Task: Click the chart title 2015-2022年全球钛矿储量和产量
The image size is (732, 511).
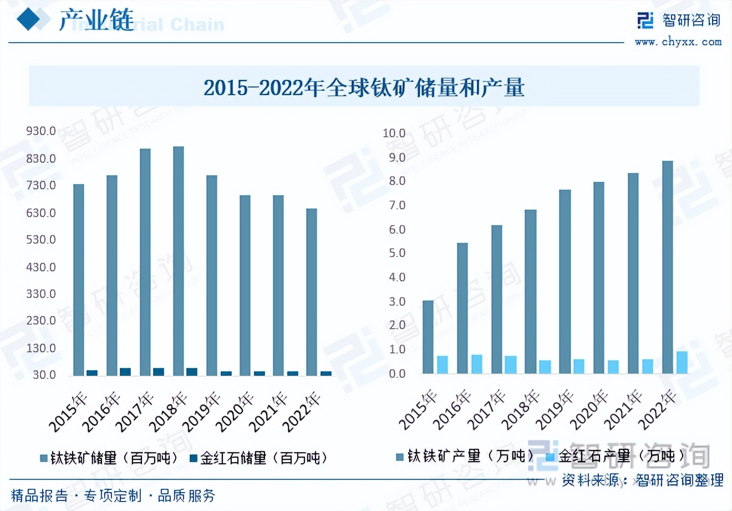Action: point(364,88)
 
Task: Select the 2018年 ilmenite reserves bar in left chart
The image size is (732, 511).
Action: point(179,260)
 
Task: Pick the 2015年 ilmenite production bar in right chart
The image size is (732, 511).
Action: point(428,337)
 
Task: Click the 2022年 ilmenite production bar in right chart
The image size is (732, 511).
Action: point(668,267)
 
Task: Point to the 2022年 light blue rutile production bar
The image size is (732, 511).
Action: point(682,362)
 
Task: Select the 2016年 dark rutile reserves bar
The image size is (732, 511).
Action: point(125,371)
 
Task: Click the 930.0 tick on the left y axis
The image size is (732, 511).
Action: point(41,131)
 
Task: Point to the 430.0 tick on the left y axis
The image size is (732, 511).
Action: point(41,267)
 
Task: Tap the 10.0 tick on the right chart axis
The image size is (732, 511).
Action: point(394,133)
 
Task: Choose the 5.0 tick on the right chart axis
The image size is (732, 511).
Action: point(397,253)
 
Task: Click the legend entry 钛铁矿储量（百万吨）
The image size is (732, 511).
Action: point(109,458)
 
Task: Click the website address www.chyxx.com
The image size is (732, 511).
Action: point(678,42)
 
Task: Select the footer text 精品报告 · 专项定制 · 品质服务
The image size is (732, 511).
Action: point(113,495)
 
